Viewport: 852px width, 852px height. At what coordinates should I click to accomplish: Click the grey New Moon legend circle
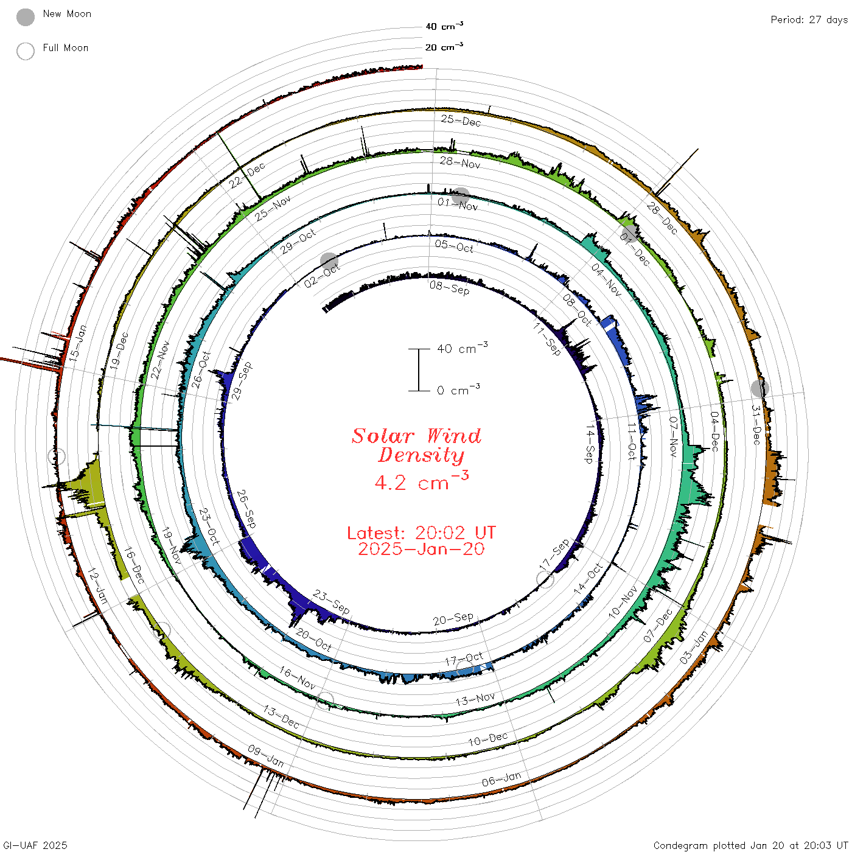(x=26, y=17)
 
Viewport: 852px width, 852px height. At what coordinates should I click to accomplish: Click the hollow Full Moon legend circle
(x=26, y=51)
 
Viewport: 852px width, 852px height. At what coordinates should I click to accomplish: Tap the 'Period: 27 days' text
(x=809, y=20)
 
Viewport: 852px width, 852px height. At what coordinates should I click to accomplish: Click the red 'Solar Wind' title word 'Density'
(x=421, y=455)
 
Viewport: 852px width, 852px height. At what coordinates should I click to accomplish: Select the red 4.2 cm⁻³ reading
(x=422, y=481)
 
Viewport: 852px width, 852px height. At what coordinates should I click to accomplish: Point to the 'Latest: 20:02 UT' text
(x=422, y=532)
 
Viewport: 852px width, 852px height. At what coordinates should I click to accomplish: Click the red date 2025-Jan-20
(x=421, y=549)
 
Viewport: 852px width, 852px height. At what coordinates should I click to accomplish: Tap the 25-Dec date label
(x=461, y=120)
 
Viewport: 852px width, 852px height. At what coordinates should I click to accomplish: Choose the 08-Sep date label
(x=449, y=288)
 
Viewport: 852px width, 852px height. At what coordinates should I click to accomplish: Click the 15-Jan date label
(x=78, y=343)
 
